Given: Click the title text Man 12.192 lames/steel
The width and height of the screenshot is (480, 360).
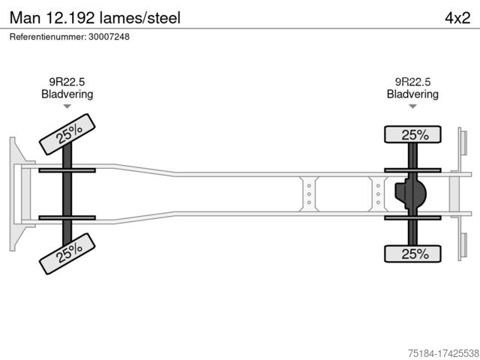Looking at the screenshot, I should pos(94,16).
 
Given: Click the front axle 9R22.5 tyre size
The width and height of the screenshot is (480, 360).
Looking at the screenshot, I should pos(67,82).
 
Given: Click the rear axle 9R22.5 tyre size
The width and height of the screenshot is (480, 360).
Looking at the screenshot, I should pos(412,82).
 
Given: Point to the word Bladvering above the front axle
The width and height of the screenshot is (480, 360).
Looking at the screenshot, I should pos(67,94).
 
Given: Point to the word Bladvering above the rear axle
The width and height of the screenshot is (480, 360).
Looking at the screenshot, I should pos(412,94).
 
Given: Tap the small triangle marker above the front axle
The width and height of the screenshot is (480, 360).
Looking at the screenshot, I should pos(67,107).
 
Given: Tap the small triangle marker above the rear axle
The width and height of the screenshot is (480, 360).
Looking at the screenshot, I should pos(412,107).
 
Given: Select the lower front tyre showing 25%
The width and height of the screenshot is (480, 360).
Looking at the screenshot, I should pos(67,253).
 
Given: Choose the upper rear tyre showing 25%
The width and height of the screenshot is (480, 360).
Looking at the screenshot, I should pos(413,135).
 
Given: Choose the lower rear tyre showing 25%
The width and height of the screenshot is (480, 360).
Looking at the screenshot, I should pos(413,254).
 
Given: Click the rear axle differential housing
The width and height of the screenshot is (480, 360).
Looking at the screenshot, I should pos(411,194).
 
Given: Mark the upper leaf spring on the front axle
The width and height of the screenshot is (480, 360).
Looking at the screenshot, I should pos(67,171).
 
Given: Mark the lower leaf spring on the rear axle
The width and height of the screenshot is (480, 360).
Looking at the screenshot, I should pos(413,218).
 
